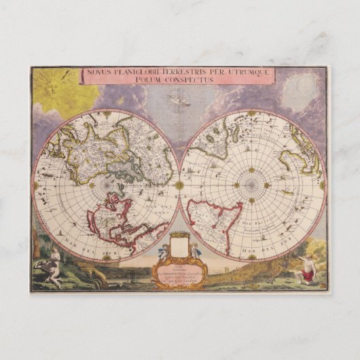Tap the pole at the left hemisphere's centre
[106, 185]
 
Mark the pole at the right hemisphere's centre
[251, 185]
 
